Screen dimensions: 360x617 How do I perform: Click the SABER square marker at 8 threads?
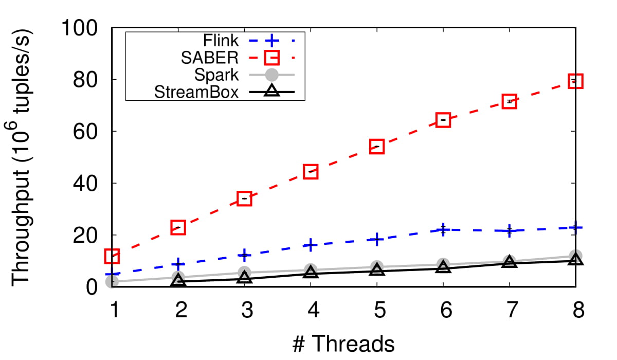click(x=575, y=81)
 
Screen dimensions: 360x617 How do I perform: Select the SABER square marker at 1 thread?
click(x=112, y=256)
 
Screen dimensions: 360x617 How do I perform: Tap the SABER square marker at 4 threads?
click(x=311, y=172)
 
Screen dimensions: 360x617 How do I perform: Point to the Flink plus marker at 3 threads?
click(x=244, y=255)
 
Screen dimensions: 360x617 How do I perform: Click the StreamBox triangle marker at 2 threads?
click(x=178, y=281)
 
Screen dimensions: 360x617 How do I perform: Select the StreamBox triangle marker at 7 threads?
click(x=509, y=262)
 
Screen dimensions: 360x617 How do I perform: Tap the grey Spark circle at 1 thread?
click(x=112, y=281)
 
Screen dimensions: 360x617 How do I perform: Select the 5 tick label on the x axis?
click(x=377, y=312)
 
